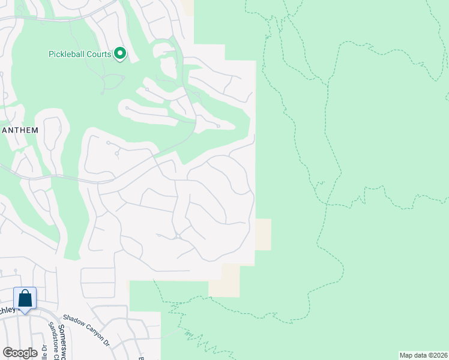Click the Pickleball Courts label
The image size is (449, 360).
pos(79,55)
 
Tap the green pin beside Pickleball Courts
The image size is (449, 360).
pos(120,54)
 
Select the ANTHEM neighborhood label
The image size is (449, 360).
pos(20,130)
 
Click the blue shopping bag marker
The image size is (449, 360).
pos(25,298)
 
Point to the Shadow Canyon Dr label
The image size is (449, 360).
pos(86,331)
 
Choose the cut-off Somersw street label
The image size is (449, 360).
pos(66,340)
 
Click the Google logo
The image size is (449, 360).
pos(20,353)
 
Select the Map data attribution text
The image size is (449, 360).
pos(424,355)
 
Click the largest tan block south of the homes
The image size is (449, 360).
pos(224,280)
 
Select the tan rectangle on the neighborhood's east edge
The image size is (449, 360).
pos(264,234)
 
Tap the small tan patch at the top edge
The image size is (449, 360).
pos(188,8)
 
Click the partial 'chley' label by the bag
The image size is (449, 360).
pos(7,310)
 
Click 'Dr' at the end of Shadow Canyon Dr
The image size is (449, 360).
pos(106,344)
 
